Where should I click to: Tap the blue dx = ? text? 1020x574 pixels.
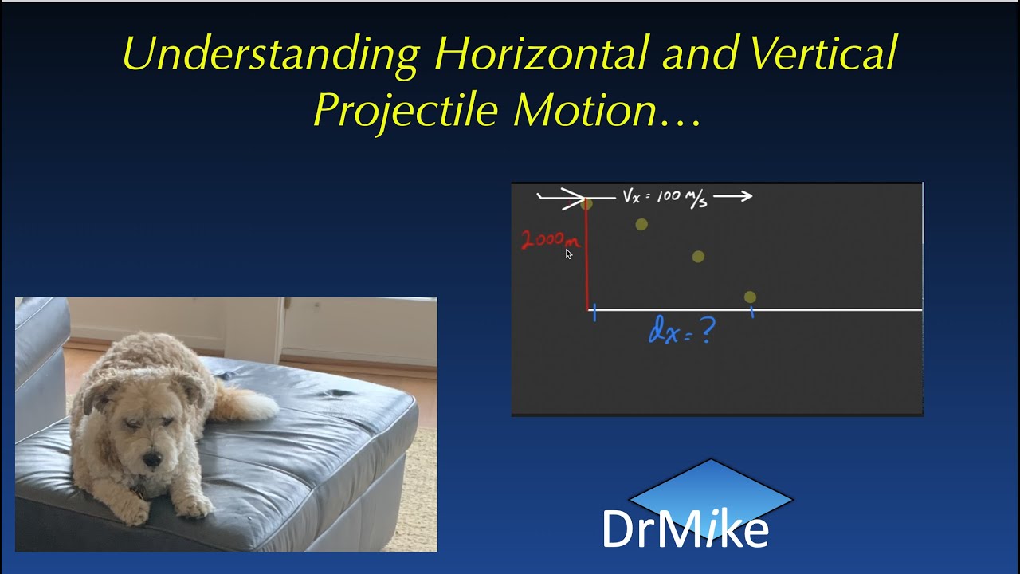(681, 331)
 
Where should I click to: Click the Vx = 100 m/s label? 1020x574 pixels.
(665, 197)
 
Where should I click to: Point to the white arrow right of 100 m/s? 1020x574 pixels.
(733, 196)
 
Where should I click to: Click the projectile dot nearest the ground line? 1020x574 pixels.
(750, 297)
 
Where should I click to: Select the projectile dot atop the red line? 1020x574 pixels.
(587, 205)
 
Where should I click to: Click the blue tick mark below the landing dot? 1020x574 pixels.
(752, 313)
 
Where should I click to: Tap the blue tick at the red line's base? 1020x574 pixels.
(594, 315)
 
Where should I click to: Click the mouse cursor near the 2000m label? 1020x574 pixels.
(568, 254)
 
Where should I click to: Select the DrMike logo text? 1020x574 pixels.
(685, 529)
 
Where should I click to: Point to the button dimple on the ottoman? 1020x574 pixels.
(339, 393)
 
